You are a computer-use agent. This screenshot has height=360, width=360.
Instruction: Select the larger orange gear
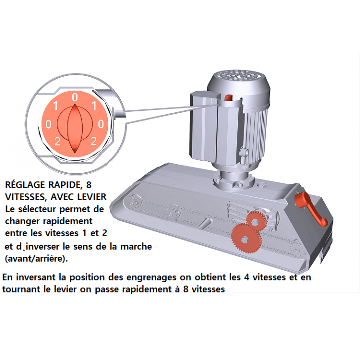click(246, 238)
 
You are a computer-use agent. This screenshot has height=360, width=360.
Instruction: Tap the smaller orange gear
click(256, 221)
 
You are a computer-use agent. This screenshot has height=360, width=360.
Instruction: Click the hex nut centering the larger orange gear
click(244, 240)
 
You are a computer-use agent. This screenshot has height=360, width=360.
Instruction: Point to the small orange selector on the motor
click(228, 98)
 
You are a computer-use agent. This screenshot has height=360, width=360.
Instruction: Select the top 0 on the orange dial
click(75, 97)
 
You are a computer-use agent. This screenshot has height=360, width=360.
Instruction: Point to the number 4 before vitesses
click(247, 277)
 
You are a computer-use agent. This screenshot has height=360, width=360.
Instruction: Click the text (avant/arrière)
click(36, 259)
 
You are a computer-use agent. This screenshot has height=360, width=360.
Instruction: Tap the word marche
click(136, 247)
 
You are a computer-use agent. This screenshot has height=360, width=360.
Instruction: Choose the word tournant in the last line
click(23, 289)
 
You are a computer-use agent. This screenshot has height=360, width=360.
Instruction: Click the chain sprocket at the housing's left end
click(133, 202)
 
